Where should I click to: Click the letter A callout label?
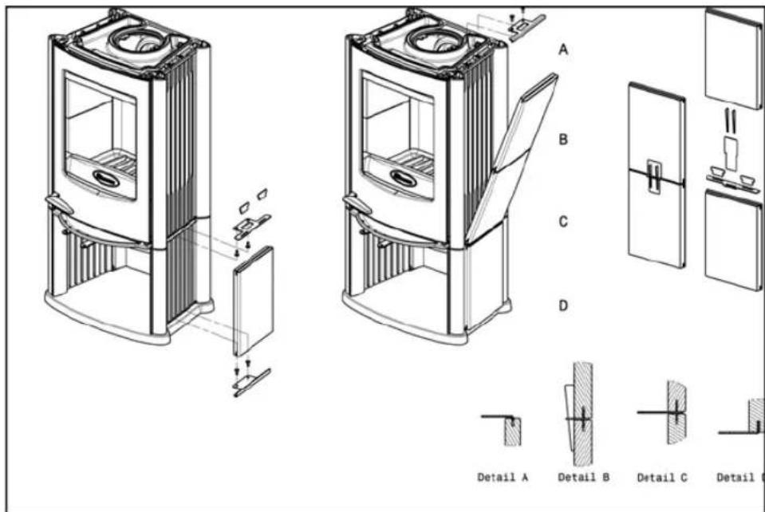(x=562, y=49)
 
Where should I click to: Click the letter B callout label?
(x=562, y=139)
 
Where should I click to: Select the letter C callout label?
(x=562, y=223)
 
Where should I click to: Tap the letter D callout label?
(x=562, y=305)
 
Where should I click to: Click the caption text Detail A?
(x=503, y=478)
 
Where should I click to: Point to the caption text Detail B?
(x=584, y=478)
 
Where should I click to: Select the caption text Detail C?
(x=663, y=478)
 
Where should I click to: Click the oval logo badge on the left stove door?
(x=106, y=177)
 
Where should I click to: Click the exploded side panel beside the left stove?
(x=254, y=301)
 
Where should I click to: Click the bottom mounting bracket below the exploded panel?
(x=250, y=381)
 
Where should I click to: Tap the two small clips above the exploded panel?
(x=252, y=200)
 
